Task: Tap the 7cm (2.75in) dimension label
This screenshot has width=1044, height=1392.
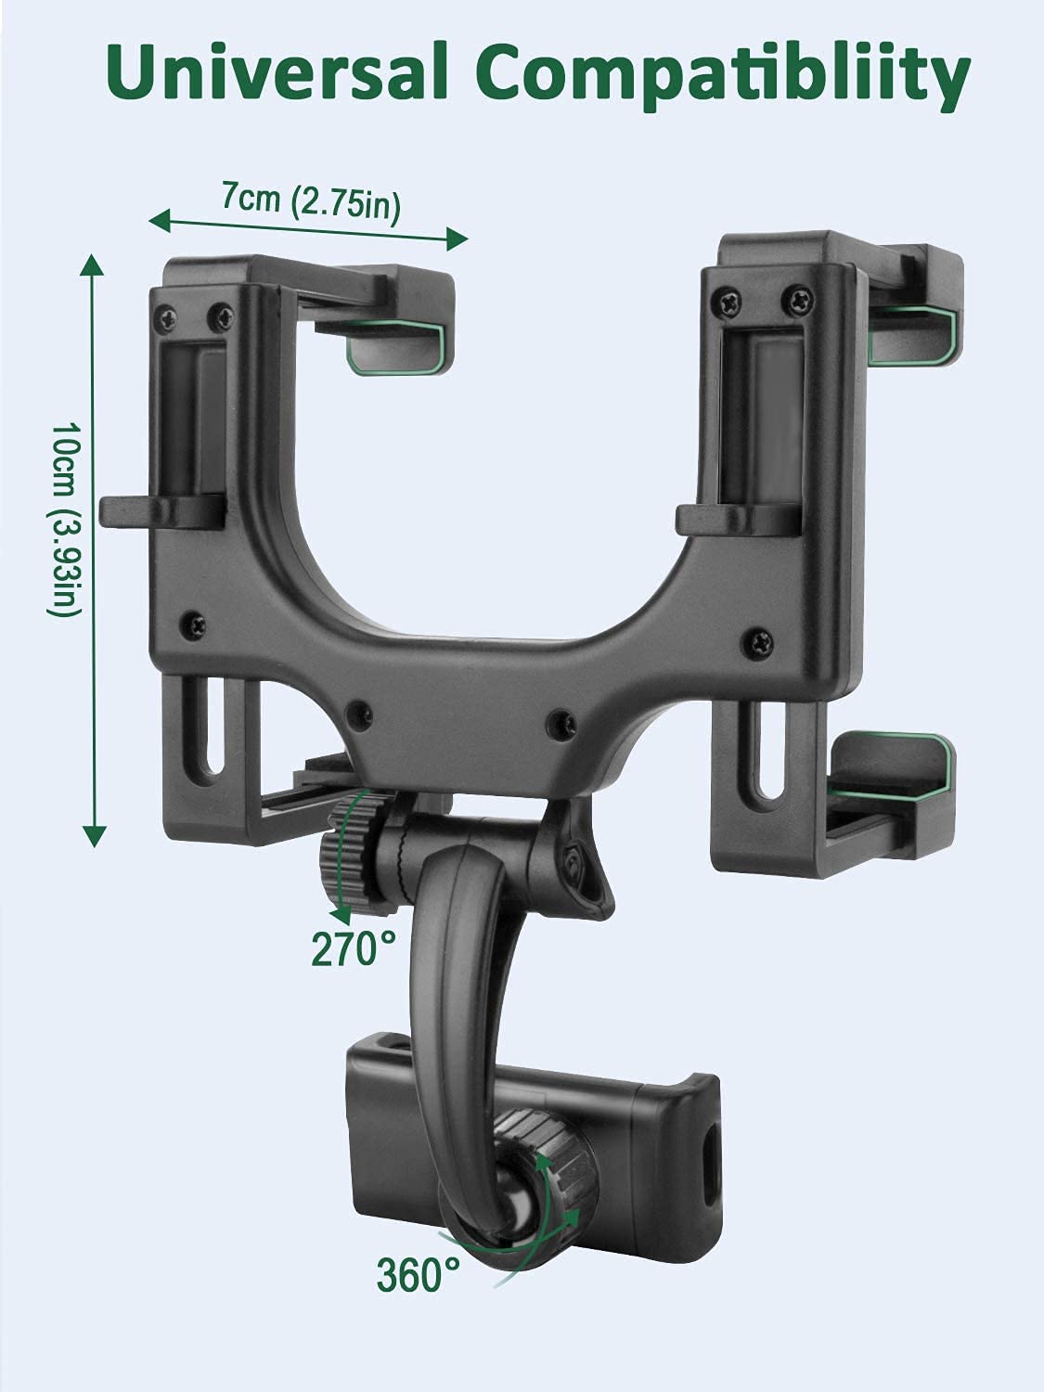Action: (311, 202)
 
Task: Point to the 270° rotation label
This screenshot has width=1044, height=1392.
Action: (353, 948)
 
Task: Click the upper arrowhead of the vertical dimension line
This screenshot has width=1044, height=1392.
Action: (93, 265)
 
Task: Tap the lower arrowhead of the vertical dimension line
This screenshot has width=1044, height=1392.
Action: (95, 836)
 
